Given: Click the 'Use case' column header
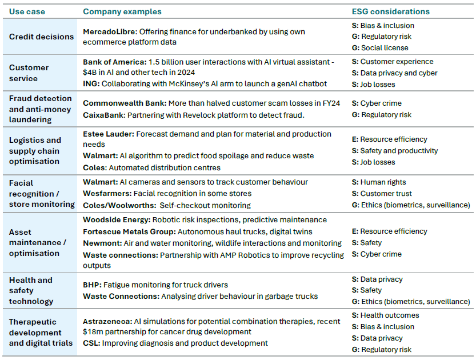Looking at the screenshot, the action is [27, 11].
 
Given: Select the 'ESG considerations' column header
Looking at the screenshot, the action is [391, 11].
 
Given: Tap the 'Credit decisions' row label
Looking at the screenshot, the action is [41, 37].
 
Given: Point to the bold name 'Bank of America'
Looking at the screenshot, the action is [115, 62].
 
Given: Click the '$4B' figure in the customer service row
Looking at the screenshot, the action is [89, 72].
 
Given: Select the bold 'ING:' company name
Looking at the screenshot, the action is [91, 84].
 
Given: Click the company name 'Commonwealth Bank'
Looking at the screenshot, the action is [125, 103].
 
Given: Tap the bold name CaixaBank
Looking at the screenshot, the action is [104, 115].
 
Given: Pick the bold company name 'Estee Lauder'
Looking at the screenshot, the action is [109, 134].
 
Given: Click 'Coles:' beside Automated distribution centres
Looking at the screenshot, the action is [95, 167].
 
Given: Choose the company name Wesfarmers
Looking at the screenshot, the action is [107, 193].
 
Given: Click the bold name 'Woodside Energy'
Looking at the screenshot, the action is [117, 220].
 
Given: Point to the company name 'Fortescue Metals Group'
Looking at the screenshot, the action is [129, 232].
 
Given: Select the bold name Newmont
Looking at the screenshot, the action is [102, 243].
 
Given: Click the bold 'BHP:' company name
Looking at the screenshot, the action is [93, 285].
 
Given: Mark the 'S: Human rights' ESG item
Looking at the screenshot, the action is [379, 182].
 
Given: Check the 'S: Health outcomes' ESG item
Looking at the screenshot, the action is [386, 315].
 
